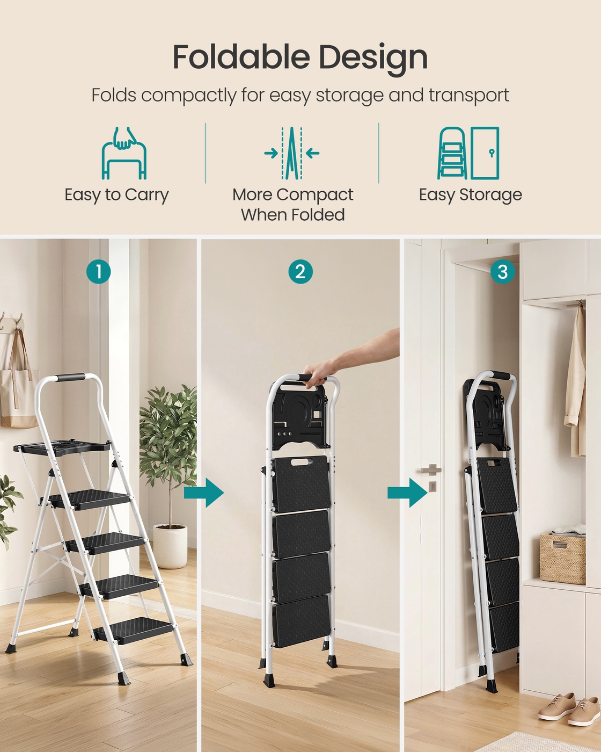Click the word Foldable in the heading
[241, 56]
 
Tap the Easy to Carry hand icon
[124, 153]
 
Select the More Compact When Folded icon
[292, 153]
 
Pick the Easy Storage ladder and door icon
[468, 153]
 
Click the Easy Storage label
[471, 195]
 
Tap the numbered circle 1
[99, 271]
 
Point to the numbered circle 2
[300, 271]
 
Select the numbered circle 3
[502, 271]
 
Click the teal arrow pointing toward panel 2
[204, 493]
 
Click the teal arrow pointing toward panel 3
[407, 493]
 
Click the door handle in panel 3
[431, 469]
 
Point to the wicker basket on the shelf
[562, 559]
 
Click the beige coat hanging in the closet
[575, 381]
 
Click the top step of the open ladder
[88, 499]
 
